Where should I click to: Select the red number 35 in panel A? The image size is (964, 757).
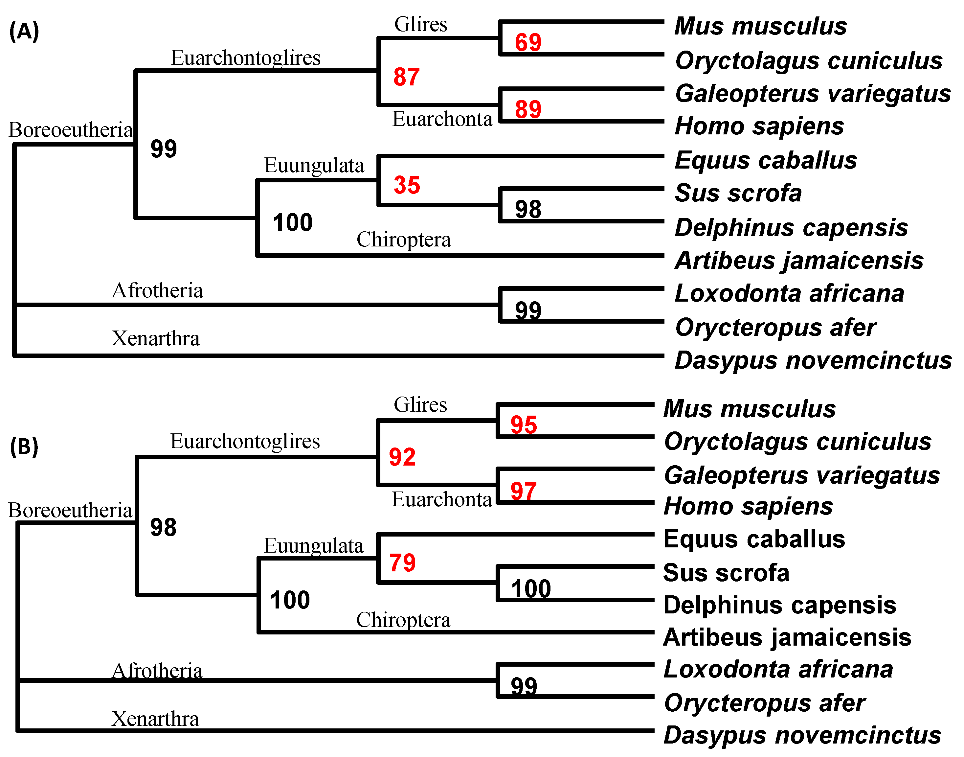pyautogui.click(x=407, y=185)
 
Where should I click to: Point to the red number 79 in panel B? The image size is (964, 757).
pyautogui.click(x=402, y=563)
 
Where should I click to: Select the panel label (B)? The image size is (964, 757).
pyautogui.click(x=24, y=446)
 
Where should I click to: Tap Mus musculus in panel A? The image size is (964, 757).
pyautogui.click(x=760, y=26)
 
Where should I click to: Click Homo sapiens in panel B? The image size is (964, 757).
pyautogui.click(x=748, y=506)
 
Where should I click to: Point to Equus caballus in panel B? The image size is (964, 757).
pyautogui.click(x=754, y=539)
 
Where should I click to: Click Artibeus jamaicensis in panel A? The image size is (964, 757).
pyautogui.click(x=799, y=260)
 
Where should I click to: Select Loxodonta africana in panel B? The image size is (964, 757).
pyautogui.click(x=778, y=669)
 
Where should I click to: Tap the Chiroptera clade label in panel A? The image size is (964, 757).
pyautogui.click(x=404, y=240)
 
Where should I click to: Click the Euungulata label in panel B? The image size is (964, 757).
pyautogui.click(x=314, y=546)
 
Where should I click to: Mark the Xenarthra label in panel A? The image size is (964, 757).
pyautogui.click(x=155, y=339)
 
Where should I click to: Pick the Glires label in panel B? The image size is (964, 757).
pyautogui.click(x=420, y=405)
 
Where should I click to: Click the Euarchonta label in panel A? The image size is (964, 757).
pyautogui.click(x=442, y=119)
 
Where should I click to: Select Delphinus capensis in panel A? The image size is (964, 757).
pyautogui.click(x=791, y=228)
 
